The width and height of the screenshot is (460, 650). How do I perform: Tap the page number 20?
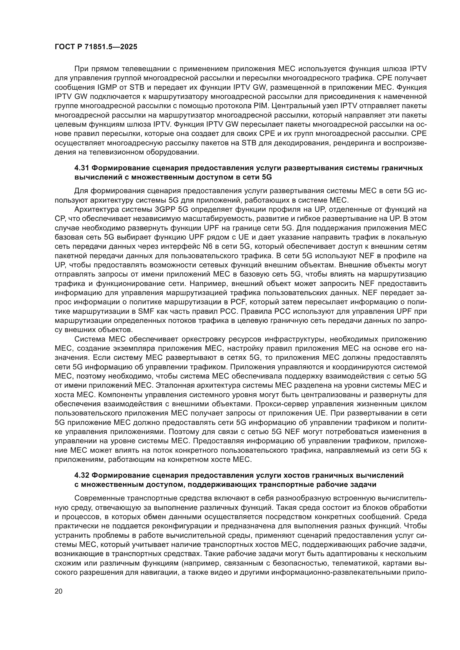coord(59,591)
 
